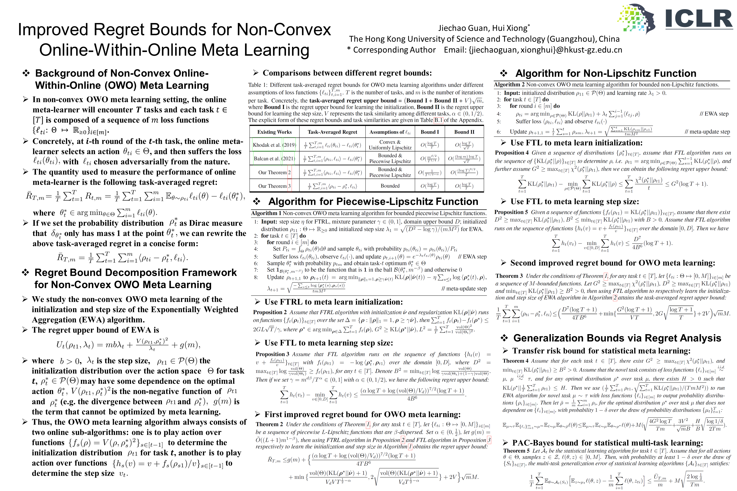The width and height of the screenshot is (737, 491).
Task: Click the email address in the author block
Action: coord(545,50)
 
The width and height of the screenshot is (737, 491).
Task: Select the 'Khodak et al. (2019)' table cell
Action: coord(274,145)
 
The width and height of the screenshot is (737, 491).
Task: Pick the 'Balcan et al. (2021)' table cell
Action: coord(274,159)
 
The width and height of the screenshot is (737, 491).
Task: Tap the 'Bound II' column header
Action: coord(464,132)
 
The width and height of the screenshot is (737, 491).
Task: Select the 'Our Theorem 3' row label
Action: coord(274,186)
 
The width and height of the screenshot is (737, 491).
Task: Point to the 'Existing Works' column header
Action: coord(274,132)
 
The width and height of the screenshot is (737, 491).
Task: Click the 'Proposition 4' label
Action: coord(511,153)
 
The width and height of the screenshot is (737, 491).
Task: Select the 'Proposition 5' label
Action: coord(511,212)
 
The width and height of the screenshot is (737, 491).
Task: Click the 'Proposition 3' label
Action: coord(272,354)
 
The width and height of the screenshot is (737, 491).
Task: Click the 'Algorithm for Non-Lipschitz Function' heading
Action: coord(606,73)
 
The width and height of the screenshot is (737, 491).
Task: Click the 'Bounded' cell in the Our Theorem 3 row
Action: coord(390,186)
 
